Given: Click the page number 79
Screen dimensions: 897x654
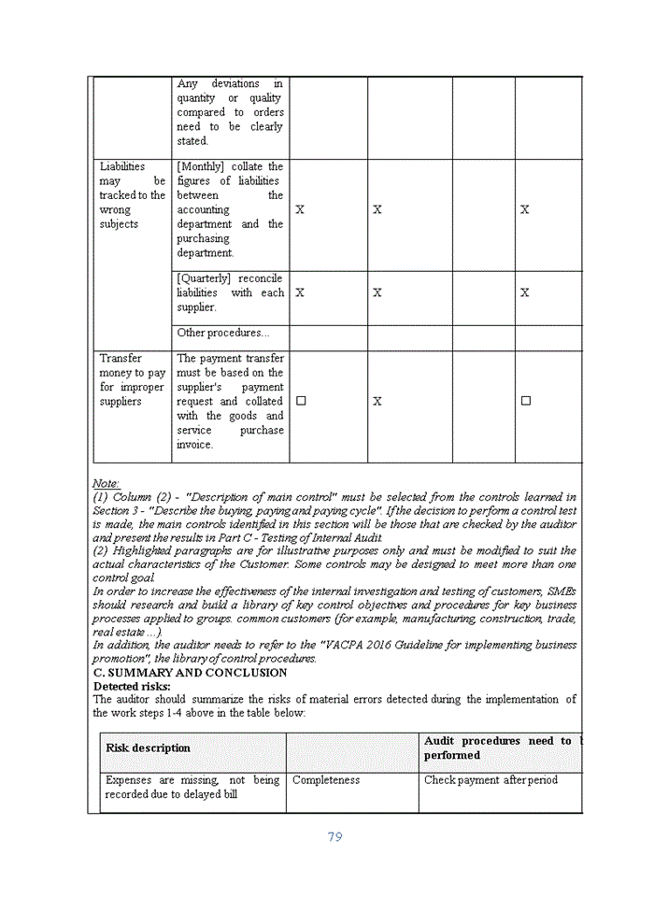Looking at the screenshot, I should pos(334,836).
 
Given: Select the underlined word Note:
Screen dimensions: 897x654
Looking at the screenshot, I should pos(106,483).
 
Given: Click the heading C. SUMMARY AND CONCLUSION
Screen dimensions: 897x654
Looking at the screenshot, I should pos(190,673).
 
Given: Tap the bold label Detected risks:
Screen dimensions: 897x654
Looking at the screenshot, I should pos(132,687).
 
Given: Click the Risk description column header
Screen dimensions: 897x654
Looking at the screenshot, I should pos(148,748).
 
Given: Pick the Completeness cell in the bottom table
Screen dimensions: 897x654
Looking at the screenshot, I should pos(326,780).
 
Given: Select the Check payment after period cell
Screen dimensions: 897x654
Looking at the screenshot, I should pos(490,780).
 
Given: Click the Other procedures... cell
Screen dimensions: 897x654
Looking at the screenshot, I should pos(222,333).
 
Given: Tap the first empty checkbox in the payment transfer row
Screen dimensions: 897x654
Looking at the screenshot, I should pos(301,401).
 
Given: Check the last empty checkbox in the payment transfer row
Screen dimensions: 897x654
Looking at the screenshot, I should pos(525,401).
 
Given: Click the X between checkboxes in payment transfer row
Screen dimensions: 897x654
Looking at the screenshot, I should pos(377,401).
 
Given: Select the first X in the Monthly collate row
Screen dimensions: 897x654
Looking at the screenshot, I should pos(300,210).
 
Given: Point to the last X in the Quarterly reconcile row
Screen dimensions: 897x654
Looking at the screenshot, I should pos(525,292).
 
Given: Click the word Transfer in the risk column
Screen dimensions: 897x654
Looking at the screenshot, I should pos(121,359).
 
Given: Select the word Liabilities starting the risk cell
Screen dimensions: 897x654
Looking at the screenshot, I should pos(122,167).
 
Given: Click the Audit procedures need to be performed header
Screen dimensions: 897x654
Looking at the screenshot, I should pos(500,747).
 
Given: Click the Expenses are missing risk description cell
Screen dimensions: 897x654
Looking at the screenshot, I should pos(192,787).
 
